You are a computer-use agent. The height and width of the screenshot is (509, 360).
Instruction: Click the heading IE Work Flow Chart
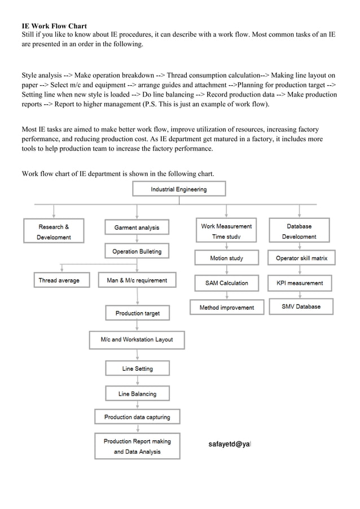[54, 26]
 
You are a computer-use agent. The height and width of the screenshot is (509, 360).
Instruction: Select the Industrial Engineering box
[178, 189]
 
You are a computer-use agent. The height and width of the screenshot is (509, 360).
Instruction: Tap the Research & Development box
[54, 231]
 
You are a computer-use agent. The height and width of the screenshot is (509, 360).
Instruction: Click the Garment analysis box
[137, 227]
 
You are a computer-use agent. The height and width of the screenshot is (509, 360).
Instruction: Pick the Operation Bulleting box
[137, 252]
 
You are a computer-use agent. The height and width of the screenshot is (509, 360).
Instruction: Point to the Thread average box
[59, 280]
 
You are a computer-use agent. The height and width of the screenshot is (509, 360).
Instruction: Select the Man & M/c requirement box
[137, 280]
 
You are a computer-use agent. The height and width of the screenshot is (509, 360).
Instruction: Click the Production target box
[137, 313]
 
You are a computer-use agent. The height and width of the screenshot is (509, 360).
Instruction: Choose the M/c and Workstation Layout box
[137, 340]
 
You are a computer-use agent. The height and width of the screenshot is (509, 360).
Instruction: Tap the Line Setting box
[137, 368]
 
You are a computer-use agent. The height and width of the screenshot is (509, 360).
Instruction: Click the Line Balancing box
[137, 394]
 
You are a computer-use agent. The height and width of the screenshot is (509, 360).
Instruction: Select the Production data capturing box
[137, 417]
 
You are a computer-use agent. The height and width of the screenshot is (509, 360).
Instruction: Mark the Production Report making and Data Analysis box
[137, 446]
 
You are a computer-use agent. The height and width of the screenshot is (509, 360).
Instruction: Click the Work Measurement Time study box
[226, 231]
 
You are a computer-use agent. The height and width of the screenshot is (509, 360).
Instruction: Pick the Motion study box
[226, 258]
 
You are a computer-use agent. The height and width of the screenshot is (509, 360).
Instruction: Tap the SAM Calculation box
[226, 283]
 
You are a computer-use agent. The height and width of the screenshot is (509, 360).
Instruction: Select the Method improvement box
[226, 308]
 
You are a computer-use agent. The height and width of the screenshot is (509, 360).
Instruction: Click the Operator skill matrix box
[301, 258]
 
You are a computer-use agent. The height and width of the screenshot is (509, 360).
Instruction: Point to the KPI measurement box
[300, 283]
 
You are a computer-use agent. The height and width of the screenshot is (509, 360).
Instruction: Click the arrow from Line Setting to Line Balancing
[137, 381]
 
